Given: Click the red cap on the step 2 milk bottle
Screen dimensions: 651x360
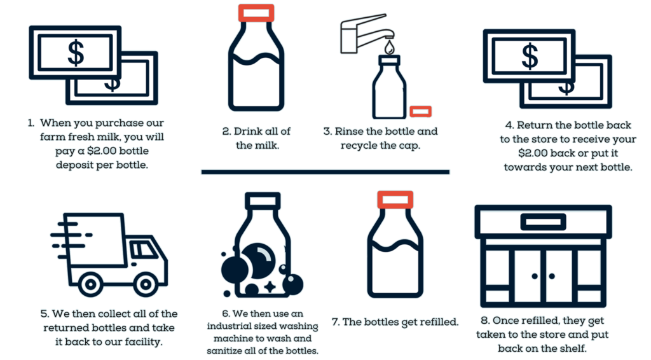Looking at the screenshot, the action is click(x=256, y=13).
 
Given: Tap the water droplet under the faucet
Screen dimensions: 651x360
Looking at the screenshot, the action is click(x=389, y=47).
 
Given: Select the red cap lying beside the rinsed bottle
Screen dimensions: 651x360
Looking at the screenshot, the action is click(x=421, y=111).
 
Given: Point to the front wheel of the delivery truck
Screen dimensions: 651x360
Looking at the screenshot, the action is click(x=146, y=284).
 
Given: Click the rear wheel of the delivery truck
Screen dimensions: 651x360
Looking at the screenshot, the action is click(x=90, y=284).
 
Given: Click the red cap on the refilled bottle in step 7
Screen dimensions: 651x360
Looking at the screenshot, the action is click(x=395, y=200).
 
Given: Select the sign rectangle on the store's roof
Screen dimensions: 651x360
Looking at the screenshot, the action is click(x=544, y=222).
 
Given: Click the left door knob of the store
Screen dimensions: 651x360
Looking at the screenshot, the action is click(x=535, y=276).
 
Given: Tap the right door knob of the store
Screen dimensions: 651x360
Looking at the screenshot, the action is click(x=552, y=276).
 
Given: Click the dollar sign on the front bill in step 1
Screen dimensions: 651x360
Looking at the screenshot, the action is click(x=76, y=53).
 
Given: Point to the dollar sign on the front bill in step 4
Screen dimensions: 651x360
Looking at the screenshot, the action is click(x=530, y=56).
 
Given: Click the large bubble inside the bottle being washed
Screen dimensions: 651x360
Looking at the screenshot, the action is click(x=258, y=261).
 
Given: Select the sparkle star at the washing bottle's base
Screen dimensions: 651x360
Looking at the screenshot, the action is click(x=270, y=287).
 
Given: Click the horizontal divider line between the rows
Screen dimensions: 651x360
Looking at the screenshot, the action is click(x=325, y=172).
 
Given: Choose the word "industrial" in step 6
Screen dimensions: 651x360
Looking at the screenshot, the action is click(x=227, y=326).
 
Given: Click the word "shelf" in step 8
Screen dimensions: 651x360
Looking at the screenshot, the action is click(x=574, y=349).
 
